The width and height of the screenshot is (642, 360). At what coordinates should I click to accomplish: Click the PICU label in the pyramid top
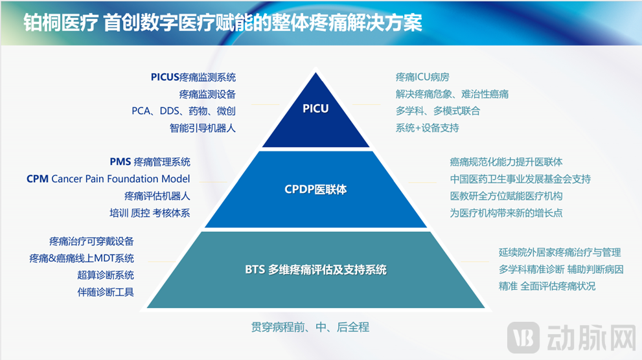click(315, 108)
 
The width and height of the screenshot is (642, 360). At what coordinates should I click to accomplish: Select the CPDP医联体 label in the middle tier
click(315, 190)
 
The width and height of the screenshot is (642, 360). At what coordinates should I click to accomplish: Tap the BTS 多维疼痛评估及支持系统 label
click(315, 269)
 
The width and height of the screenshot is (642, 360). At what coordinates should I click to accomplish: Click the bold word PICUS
click(165, 77)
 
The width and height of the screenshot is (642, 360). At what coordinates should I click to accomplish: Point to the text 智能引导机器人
click(203, 128)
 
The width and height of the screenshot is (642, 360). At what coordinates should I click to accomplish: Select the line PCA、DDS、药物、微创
click(183, 111)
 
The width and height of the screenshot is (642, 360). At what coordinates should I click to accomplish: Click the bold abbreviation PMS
click(120, 162)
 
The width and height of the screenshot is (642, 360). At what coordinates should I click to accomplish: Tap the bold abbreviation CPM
click(38, 179)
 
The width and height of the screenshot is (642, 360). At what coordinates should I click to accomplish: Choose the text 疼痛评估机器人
click(157, 196)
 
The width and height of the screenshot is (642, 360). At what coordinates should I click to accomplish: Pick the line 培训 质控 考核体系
click(150, 213)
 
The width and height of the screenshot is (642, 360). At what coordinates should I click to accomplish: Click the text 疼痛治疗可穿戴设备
click(91, 242)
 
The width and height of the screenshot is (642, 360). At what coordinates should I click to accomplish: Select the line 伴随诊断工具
click(106, 292)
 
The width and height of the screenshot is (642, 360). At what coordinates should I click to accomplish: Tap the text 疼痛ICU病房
click(422, 77)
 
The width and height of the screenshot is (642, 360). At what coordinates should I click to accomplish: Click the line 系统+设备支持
click(427, 128)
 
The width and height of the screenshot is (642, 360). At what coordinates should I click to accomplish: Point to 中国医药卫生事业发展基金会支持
click(520, 179)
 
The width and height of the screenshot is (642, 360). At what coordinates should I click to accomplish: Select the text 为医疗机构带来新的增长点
click(506, 213)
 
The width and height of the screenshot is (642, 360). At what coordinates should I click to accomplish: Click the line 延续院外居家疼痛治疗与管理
click(560, 253)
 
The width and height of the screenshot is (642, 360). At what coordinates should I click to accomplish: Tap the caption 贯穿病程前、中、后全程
click(310, 327)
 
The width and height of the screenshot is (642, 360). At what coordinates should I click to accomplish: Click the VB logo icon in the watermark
click(523, 337)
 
